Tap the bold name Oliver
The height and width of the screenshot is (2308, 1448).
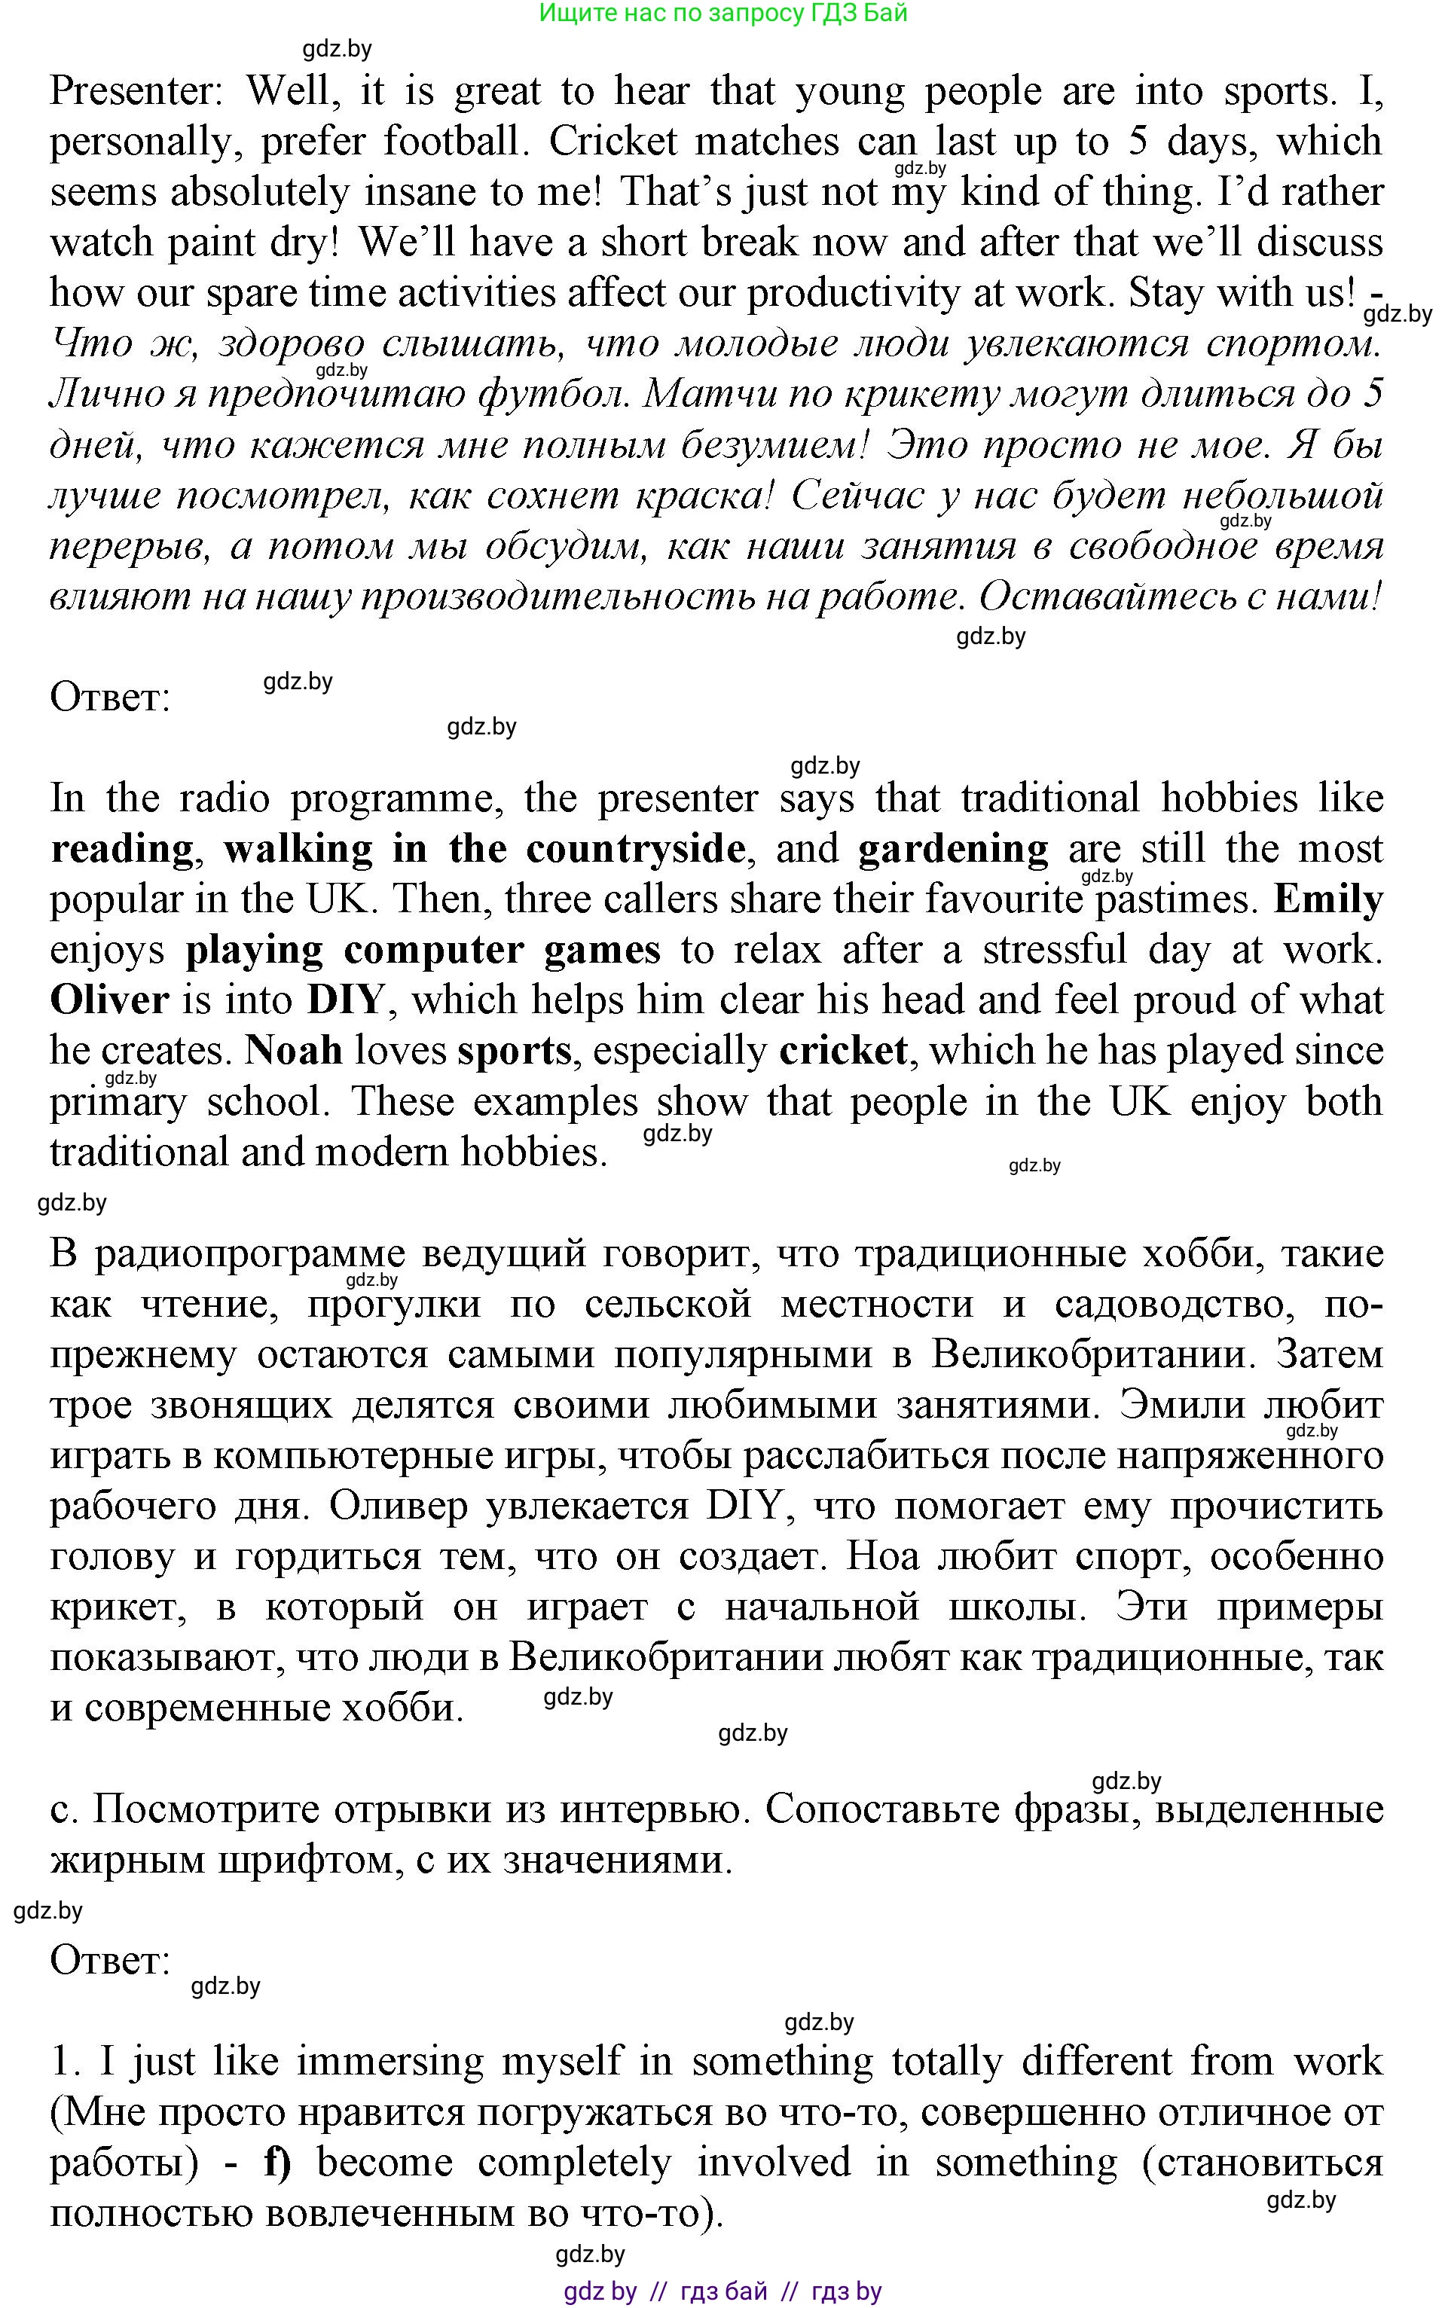coord(109,1000)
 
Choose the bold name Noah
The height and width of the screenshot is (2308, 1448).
coord(294,1051)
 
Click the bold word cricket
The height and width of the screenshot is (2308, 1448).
coord(843,1051)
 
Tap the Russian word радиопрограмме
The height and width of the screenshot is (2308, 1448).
coord(250,1253)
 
